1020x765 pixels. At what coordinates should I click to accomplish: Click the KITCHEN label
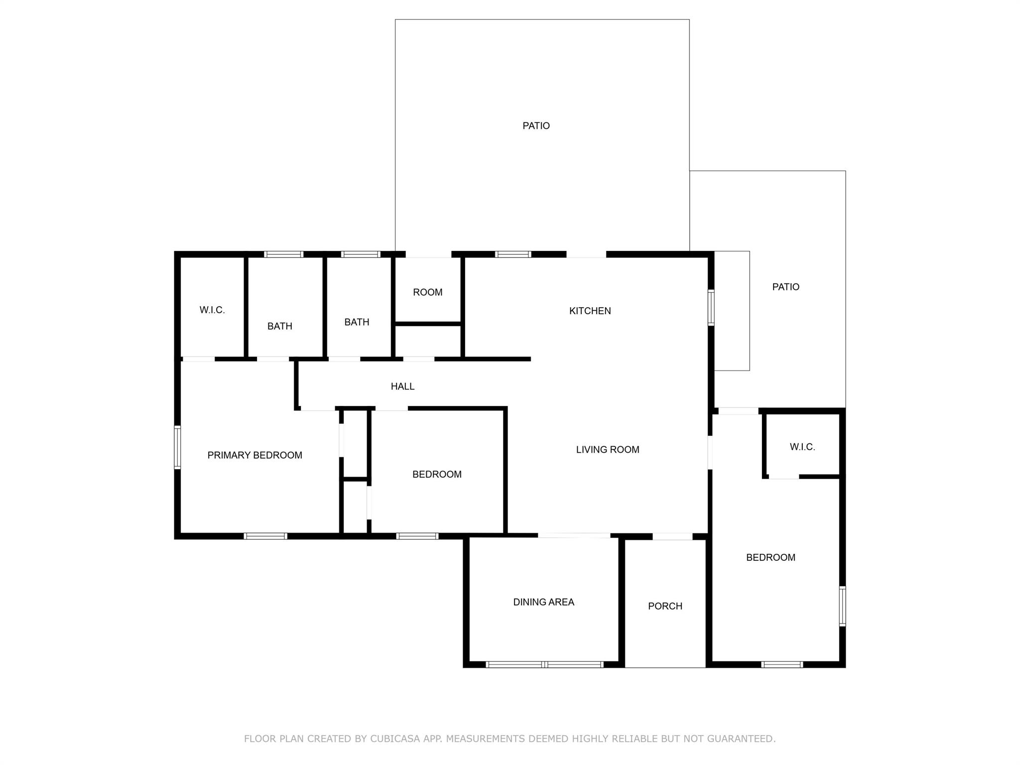coord(590,311)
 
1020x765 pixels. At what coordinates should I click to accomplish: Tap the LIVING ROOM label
coord(608,450)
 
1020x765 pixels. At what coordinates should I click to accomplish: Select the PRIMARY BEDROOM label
coord(255,455)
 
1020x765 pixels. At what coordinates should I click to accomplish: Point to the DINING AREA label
coord(543,602)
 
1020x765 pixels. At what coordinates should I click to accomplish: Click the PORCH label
coord(665,606)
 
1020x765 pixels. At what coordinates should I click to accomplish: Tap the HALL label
coord(402,386)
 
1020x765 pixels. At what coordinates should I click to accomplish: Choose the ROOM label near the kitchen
coord(428,292)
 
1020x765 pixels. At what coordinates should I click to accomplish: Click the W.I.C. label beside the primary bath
coord(212,310)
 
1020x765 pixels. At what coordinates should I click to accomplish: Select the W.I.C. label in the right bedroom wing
coord(802,447)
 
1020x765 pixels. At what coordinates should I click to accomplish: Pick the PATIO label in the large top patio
coord(536,126)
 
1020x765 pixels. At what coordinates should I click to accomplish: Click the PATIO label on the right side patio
coord(785,287)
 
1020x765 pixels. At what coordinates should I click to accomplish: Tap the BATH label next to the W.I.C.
coord(279,326)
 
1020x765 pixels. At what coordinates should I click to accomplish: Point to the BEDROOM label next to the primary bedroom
coord(437,475)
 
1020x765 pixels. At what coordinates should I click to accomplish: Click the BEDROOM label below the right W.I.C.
coord(770,558)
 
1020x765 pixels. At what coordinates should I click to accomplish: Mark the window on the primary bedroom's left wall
coord(177,447)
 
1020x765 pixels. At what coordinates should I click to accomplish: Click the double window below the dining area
coord(544,664)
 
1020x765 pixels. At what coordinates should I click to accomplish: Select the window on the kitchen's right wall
coord(711,308)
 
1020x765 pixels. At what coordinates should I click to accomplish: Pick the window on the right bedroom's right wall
coord(842,606)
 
